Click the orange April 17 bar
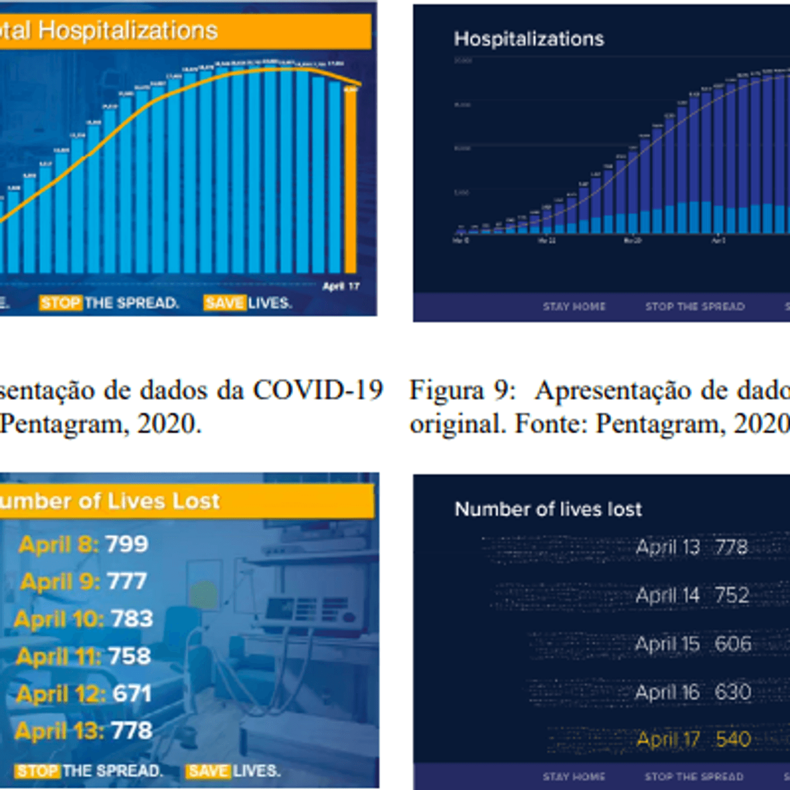(x=351, y=181)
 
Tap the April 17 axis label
(x=341, y=286)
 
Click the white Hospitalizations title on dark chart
(x=529, y=39)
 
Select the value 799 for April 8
(x=127, y=544)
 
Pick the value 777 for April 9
(x=127, y=581)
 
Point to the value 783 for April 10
(x=132, y=619)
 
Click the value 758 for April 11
(x=130, y=656)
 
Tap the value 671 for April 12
(x=132, y=694)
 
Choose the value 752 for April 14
(x=732, y=595)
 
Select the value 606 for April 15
(x=733, y=644)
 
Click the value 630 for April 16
(x=733, y=692)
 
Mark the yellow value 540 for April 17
(x=733, y=739)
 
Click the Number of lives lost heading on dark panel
(x=548, y=510)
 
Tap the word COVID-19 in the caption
(x=318, y=390)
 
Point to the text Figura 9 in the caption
(x=462, y=390)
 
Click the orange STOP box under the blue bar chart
(x=61, y=303)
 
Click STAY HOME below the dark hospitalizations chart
(x=574, y=306)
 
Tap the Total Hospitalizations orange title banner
(x=181, y=31)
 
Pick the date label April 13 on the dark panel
(x=668, y=547)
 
